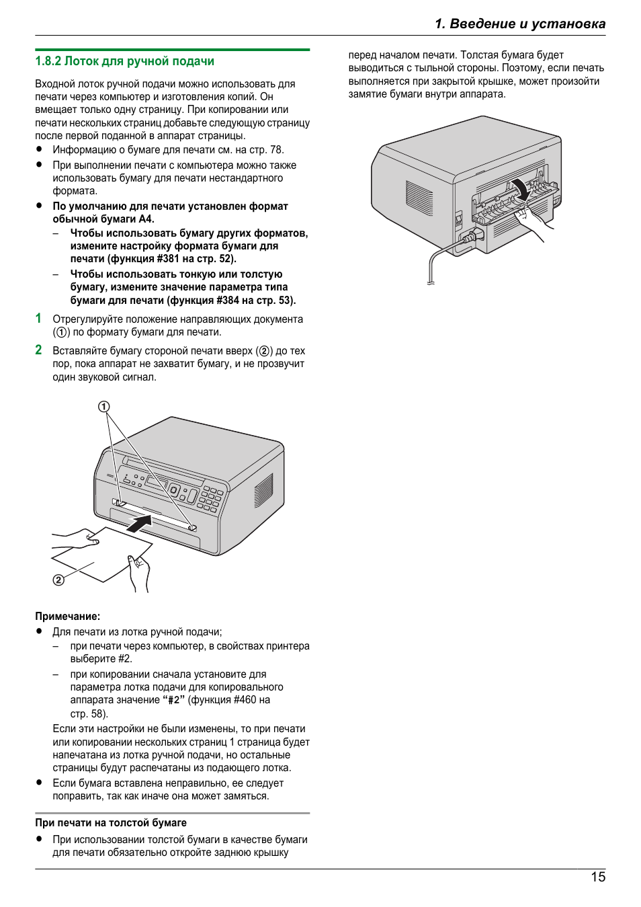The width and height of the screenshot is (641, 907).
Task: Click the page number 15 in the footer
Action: (x=597, y=877)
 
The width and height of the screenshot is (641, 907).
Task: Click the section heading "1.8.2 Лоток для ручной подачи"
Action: (x=124, y=61)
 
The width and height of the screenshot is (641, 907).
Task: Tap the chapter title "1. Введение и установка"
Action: (x=519, y=24)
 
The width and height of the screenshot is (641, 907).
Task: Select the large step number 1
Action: (x=39, y=319)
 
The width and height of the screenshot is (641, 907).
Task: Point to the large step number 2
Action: (x=39, y=350)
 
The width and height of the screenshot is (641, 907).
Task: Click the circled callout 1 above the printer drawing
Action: (x=103, y=407)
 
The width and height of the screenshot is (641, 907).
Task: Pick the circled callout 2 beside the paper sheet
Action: (x=58, y=580)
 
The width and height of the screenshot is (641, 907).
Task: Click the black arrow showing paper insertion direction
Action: (x=139, y=523)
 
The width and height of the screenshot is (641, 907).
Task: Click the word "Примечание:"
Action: (x=67, y=616)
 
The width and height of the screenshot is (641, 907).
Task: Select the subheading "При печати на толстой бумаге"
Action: (x=111, y=822)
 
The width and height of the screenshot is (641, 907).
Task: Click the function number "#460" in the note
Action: (x=245, y=700)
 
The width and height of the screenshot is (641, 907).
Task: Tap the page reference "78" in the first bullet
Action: (x=275, y=150)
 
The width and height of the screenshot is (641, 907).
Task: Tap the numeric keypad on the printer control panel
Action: (x=211, y=498)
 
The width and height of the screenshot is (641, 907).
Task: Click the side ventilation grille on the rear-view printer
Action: (x=419, y=198)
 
